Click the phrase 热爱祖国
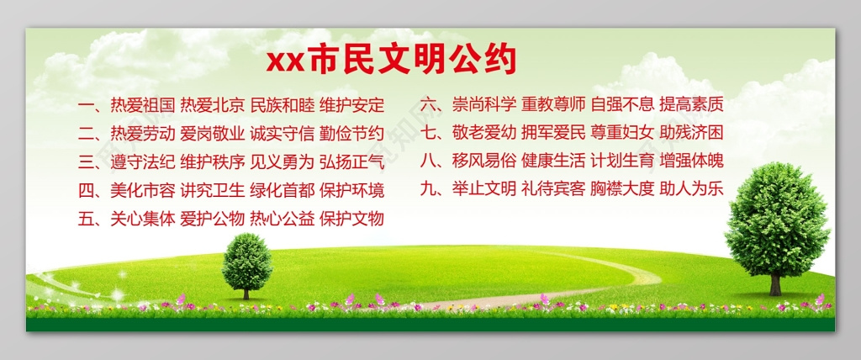(143, 105)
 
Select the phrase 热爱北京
(213, 105)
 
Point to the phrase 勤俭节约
(352, 133)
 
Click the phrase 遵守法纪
(143, 161)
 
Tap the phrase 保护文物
(352, 219)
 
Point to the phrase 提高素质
(691, 105)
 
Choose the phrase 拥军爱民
(552, 133)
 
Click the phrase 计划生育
(622, 161)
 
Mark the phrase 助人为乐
(691, 189)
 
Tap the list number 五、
(90, 219)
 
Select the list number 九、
(431, 189)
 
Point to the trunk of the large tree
(775, 284)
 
